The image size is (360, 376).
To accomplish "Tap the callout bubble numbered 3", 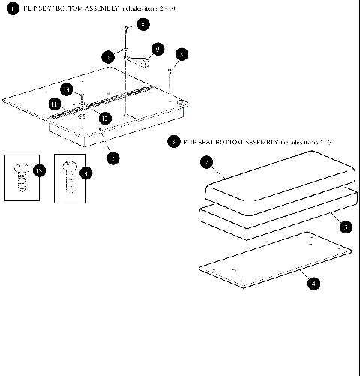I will click(x=174, y=142).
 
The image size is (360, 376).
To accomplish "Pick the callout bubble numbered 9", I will click(x=157, y=49).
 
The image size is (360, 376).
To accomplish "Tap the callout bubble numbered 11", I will click(x=54, y=104).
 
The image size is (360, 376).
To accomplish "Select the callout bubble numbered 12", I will click(x=105, y=118).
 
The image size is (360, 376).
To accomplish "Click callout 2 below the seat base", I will click(x=112, y=157).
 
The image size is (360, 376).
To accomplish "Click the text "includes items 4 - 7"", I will click(x=304, y=142).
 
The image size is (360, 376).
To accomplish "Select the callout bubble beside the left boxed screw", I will click(x=39, y=171).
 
